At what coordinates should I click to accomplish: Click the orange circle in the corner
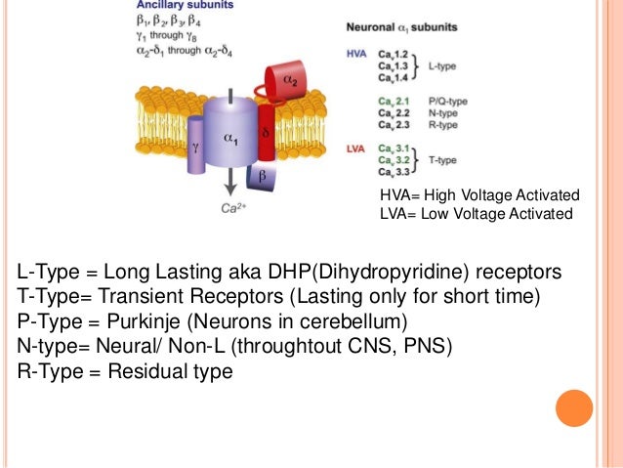[574, 408]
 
